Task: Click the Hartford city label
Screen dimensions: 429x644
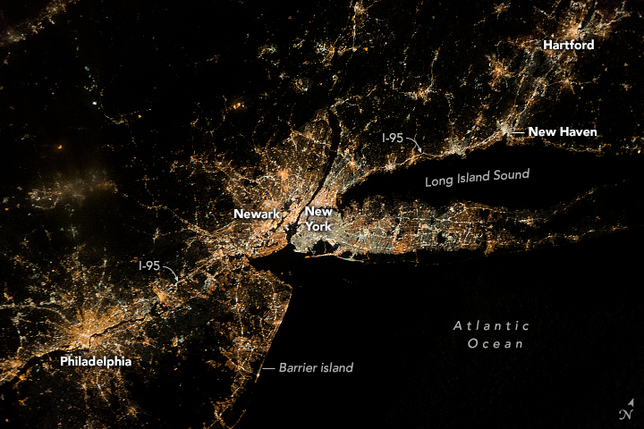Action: tap(569, 45)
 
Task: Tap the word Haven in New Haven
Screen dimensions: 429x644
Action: tap(578, 131)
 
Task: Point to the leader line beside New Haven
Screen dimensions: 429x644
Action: tap(517, 131)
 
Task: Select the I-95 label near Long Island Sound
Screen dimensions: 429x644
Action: tap(393, 139)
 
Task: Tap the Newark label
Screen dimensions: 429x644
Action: tap(257, 214)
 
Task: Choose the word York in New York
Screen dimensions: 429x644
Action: tap(318, 227)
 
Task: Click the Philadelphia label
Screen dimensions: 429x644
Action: tap(96, 362)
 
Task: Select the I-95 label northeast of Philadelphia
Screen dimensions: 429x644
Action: tap(150, 265)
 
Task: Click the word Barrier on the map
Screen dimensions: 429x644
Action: tap(298, 367)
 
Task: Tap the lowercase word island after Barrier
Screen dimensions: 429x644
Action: tap(337, 367)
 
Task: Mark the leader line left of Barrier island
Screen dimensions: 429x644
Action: tap(266, 368)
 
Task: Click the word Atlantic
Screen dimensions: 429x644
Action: tap(490, 325)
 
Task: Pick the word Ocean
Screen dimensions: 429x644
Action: tap(495, 343)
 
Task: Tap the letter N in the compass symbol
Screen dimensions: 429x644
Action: tap(624, 413)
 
